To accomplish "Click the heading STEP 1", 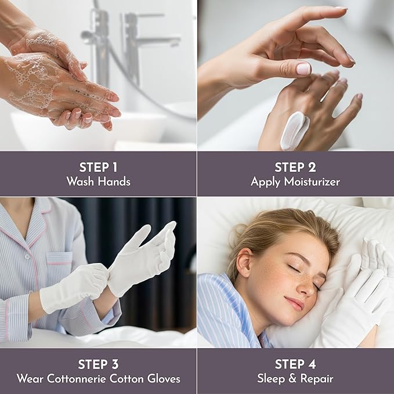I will [x=98, y=167].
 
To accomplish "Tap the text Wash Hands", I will [x=98, y=182].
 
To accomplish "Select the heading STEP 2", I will [x=295, y=167].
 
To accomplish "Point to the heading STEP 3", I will [x=98, y=364].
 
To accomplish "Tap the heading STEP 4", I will [x=295, y=364].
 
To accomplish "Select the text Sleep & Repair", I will [x=295, y=379].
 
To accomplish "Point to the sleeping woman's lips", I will [x=296, y=303].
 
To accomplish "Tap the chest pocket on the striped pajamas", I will [x=60, y=266].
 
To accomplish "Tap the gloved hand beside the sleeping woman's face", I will [x=357, y=296].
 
